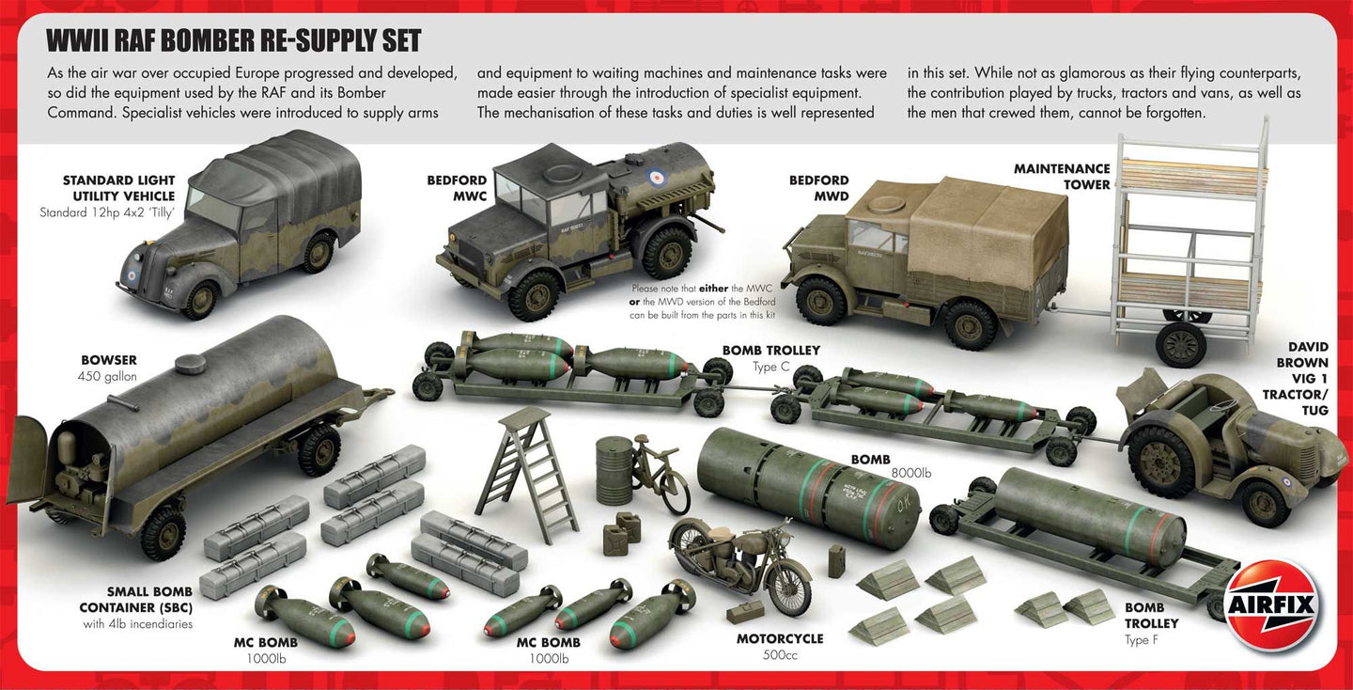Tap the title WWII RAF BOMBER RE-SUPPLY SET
point(234,40)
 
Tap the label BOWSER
point(109,360)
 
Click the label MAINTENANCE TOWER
point(1062,177)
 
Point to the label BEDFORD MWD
point(818,188)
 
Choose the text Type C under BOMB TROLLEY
point(770,367)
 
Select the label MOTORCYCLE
point(780,638)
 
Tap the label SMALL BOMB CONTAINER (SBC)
point(149,600)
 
